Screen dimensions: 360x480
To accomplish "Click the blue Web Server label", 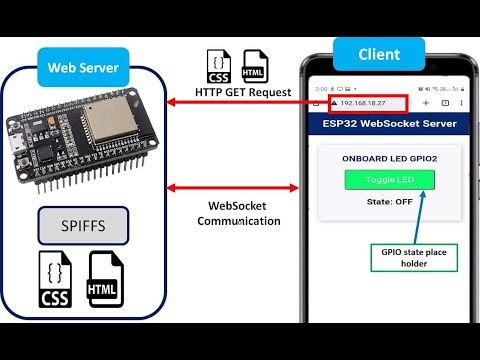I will (83, 68).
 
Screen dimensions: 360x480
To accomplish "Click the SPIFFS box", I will (84, 226).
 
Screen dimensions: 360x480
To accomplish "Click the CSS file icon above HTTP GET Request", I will (219, 67).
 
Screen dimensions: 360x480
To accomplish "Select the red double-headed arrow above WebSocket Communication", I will (236, 187).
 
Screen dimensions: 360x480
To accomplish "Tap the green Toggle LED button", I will (390, 180).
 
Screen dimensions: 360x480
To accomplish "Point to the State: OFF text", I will (390, 201).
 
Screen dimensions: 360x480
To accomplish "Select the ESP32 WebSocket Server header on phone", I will (390, 125).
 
